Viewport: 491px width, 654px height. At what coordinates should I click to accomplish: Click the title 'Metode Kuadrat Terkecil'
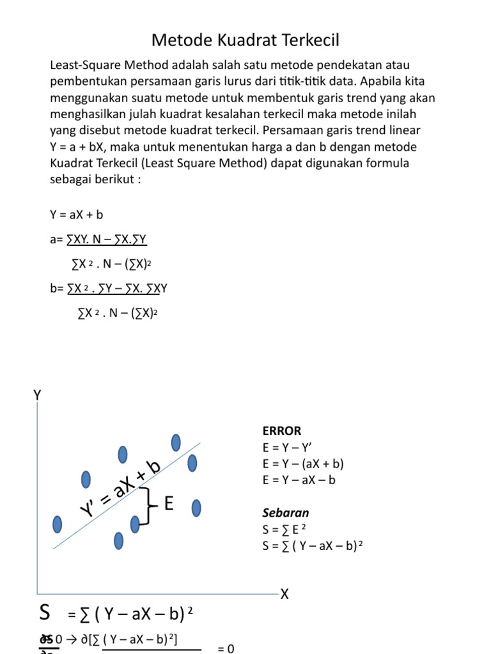(x=245, y=41)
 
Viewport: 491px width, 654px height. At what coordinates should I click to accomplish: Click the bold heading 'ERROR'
(x=281, y=430)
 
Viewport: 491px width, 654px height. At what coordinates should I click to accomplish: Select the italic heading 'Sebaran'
(x=285, y=512)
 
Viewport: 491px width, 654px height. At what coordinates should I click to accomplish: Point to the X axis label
(x=284, y=595)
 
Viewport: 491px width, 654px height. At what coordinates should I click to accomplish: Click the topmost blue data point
(x=176, y=442)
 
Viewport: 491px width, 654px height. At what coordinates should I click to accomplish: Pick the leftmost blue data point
(x=58, y=524)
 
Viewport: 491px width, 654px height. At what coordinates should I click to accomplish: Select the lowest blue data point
(x=119, y=540)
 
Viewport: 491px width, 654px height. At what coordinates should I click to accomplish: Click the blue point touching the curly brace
(x=135, y=524)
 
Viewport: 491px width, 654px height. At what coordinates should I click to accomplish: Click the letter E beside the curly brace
(x=169, y=505)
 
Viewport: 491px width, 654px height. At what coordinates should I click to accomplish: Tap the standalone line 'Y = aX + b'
(x=76, y=215)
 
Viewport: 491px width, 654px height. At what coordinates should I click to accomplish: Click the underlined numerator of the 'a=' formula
(x=107, y=240)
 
